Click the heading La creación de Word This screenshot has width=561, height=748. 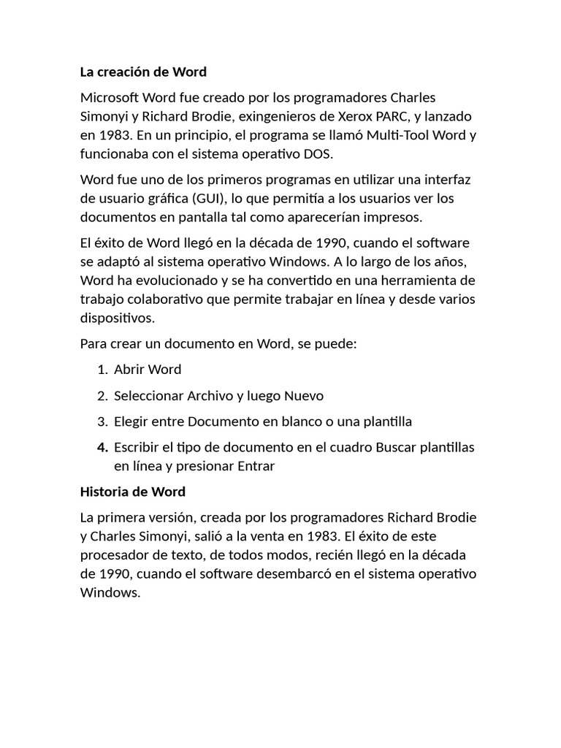click(x=143, y=72)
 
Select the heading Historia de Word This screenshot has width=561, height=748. click(x=133, y=491)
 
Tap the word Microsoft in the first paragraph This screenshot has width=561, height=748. click(x=109, y=98)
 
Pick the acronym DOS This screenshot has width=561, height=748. click(x=316, y=155)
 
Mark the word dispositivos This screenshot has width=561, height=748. click(x=117, y=318)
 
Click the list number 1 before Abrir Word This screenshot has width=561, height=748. click(x=102, y=370)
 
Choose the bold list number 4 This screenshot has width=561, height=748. click(x=102, y=447)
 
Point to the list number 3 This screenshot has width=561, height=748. click(x=102, y=421)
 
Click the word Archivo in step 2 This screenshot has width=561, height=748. click(x=210, y=396)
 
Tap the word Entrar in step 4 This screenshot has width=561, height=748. click(x=255, y=466)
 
